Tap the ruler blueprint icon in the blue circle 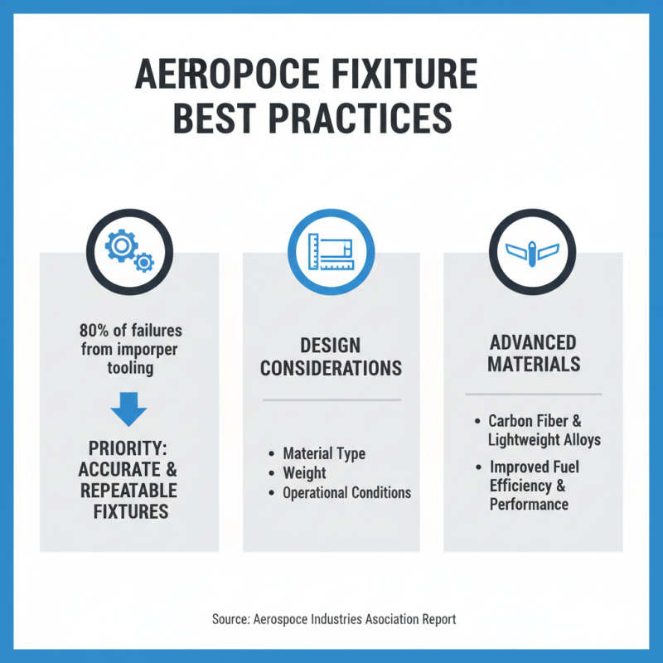(x=331, y=249)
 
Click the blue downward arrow (x=128, y=411)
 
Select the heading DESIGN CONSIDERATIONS (x=331, y=356)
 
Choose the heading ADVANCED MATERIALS (x=533, y=354)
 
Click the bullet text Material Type (x=324, y=453)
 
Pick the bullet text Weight (x=304, y=472)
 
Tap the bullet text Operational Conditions (x=346, y=492)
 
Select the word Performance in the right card (x=529, y=504)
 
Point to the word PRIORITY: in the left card (x=128, y=448)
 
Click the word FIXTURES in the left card (x=128, y=511)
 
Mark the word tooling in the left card (x=129, y=367)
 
